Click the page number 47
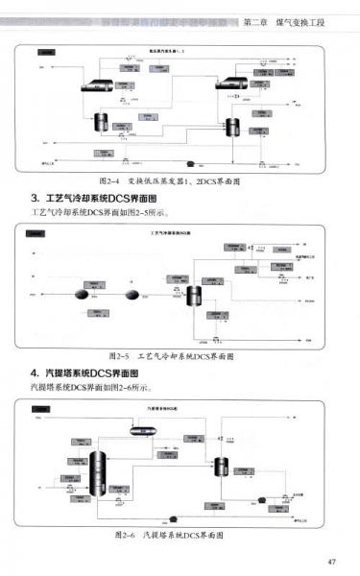(331, 562)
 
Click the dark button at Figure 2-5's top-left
(36, 233)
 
